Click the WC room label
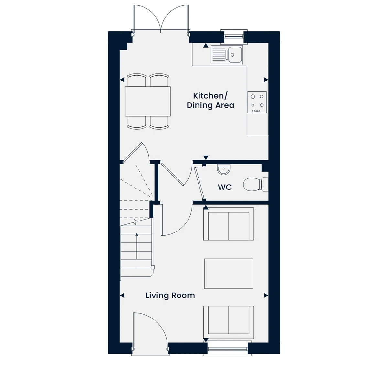coord(224,187)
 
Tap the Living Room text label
coord(170,296)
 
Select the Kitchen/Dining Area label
coord(210,101)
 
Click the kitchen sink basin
coord(234,54)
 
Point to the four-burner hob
coord(257,102)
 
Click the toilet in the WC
coord(256,184)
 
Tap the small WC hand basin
coord(223,169)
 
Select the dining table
coord(147,101)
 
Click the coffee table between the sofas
coord(229,274)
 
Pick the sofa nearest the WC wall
coord(229,224)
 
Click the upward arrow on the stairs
coord(137,246)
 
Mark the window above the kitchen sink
coord(234,37)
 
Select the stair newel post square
coord(153,267)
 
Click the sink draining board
coord(219,54)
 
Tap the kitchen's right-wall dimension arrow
coord(266,80)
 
